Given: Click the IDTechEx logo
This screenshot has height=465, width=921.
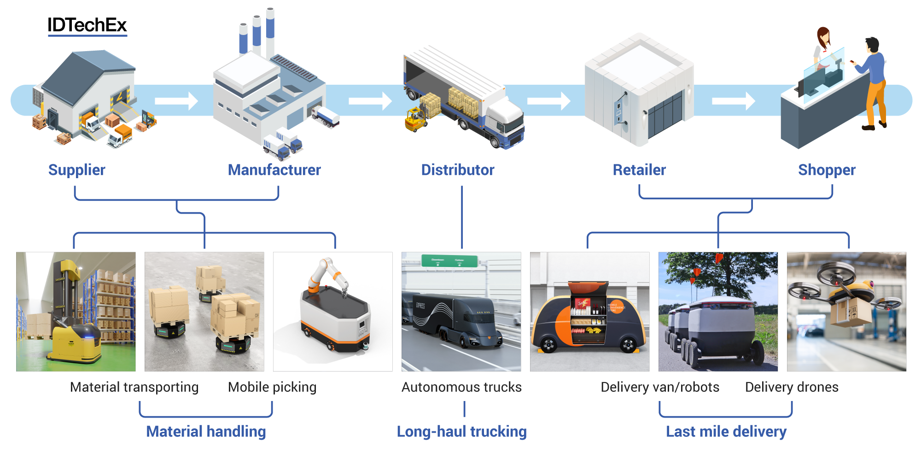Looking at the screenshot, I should coord(87,25).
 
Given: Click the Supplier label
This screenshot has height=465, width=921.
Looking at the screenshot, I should coord(77,170).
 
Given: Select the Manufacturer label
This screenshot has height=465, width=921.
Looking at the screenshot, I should coord(274,170).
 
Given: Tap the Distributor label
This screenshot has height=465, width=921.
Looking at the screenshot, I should coord(458,170).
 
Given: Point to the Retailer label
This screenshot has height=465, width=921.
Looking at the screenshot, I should coord(639,170).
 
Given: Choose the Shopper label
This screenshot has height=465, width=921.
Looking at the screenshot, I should coord(827,170).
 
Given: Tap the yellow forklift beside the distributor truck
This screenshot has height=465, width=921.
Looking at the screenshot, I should coord(416,120).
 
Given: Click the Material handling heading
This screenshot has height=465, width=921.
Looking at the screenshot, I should coord(206,431).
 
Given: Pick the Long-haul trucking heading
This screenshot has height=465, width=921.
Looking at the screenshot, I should coord(461,431).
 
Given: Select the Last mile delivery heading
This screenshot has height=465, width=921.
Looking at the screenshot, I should coord(726,431).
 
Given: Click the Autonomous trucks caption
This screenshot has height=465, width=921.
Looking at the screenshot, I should coord(461,387).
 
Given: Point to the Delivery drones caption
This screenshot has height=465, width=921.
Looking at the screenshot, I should coord(792,387).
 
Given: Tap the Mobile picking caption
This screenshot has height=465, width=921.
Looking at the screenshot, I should coord(272,387).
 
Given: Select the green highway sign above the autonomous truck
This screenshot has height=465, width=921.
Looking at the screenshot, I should coord(449,261).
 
